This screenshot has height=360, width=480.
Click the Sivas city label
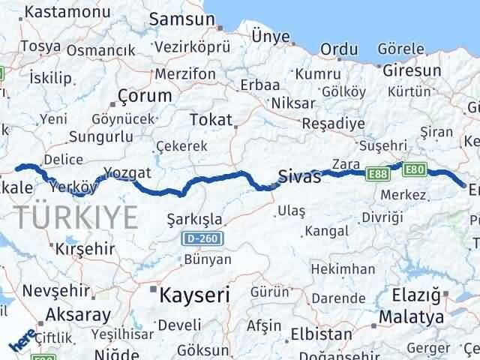click(299, 178)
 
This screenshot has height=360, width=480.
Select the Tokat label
click(211, 120)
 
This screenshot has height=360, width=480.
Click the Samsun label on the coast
click(175, 19)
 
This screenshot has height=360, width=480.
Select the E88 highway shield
click(376, 174)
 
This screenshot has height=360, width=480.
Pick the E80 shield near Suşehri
click(414, 169)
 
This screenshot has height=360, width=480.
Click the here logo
click(22, 341)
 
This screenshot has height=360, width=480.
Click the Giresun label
click(404, 72)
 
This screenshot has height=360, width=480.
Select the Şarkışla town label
click(193, 219)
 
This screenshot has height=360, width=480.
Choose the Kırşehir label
click(79, 247)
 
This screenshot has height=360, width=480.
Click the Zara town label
click(346, 163)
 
